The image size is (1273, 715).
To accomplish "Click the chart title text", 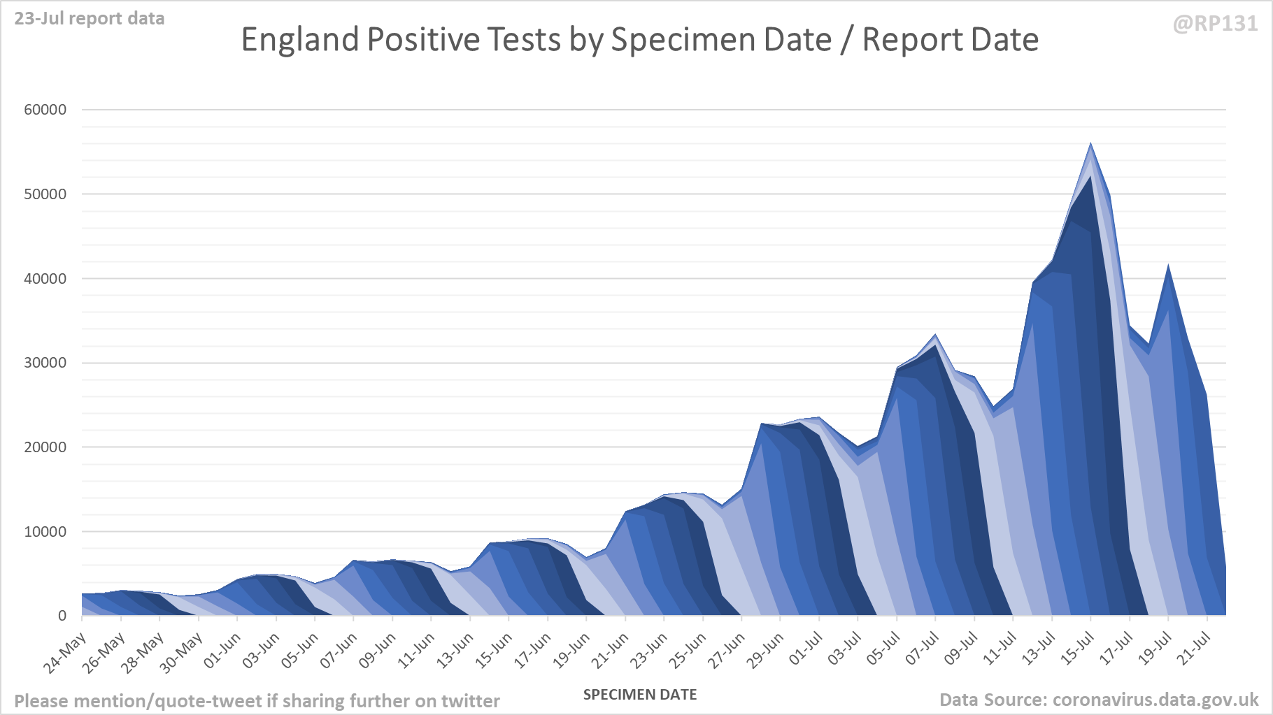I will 639,40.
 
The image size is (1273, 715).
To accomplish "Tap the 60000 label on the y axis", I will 45,110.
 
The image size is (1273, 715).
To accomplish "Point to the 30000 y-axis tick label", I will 45,363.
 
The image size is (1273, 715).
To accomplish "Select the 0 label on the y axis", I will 62,616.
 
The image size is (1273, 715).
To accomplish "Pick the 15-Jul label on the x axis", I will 1076,650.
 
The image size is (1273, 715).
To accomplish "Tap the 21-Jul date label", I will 1193,650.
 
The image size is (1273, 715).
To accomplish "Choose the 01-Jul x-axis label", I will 805,650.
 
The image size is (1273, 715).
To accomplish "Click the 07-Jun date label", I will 339,650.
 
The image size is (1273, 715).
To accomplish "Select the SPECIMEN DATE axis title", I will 640,695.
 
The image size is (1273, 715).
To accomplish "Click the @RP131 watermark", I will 1215,24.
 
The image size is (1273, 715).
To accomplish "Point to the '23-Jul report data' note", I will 90,19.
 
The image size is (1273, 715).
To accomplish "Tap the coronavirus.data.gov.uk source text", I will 1155,700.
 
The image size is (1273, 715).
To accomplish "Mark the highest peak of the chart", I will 1090,144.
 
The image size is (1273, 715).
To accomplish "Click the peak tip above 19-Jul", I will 1168,266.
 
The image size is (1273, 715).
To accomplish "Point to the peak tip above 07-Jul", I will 936,335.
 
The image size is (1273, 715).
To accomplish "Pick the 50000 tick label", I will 45,194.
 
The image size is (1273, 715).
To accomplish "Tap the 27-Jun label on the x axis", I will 727,650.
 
